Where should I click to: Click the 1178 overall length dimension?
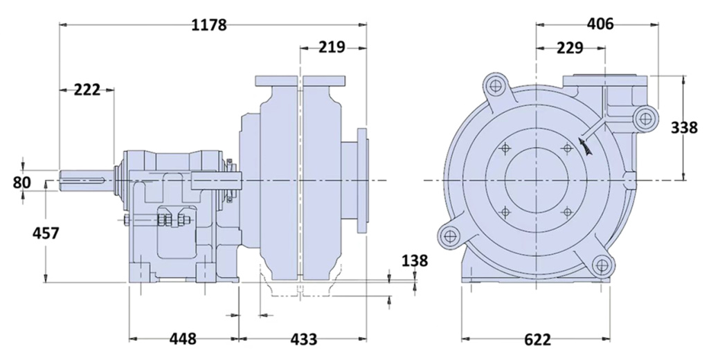click(x=208, y=24)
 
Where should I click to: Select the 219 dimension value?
click(x=332, y=46)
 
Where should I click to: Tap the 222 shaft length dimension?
click(x=87, y=89)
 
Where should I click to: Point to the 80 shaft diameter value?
click(x=21, y=183)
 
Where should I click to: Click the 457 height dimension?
click(x=46, y=233)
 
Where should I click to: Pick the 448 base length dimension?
click(x=183, y=339)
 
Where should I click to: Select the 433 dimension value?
click(x=303, y=339)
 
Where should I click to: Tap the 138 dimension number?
click(x=414, y=260)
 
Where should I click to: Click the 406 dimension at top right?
click(x=600, y=24)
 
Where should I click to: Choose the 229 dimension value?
click(x=570, y=48)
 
